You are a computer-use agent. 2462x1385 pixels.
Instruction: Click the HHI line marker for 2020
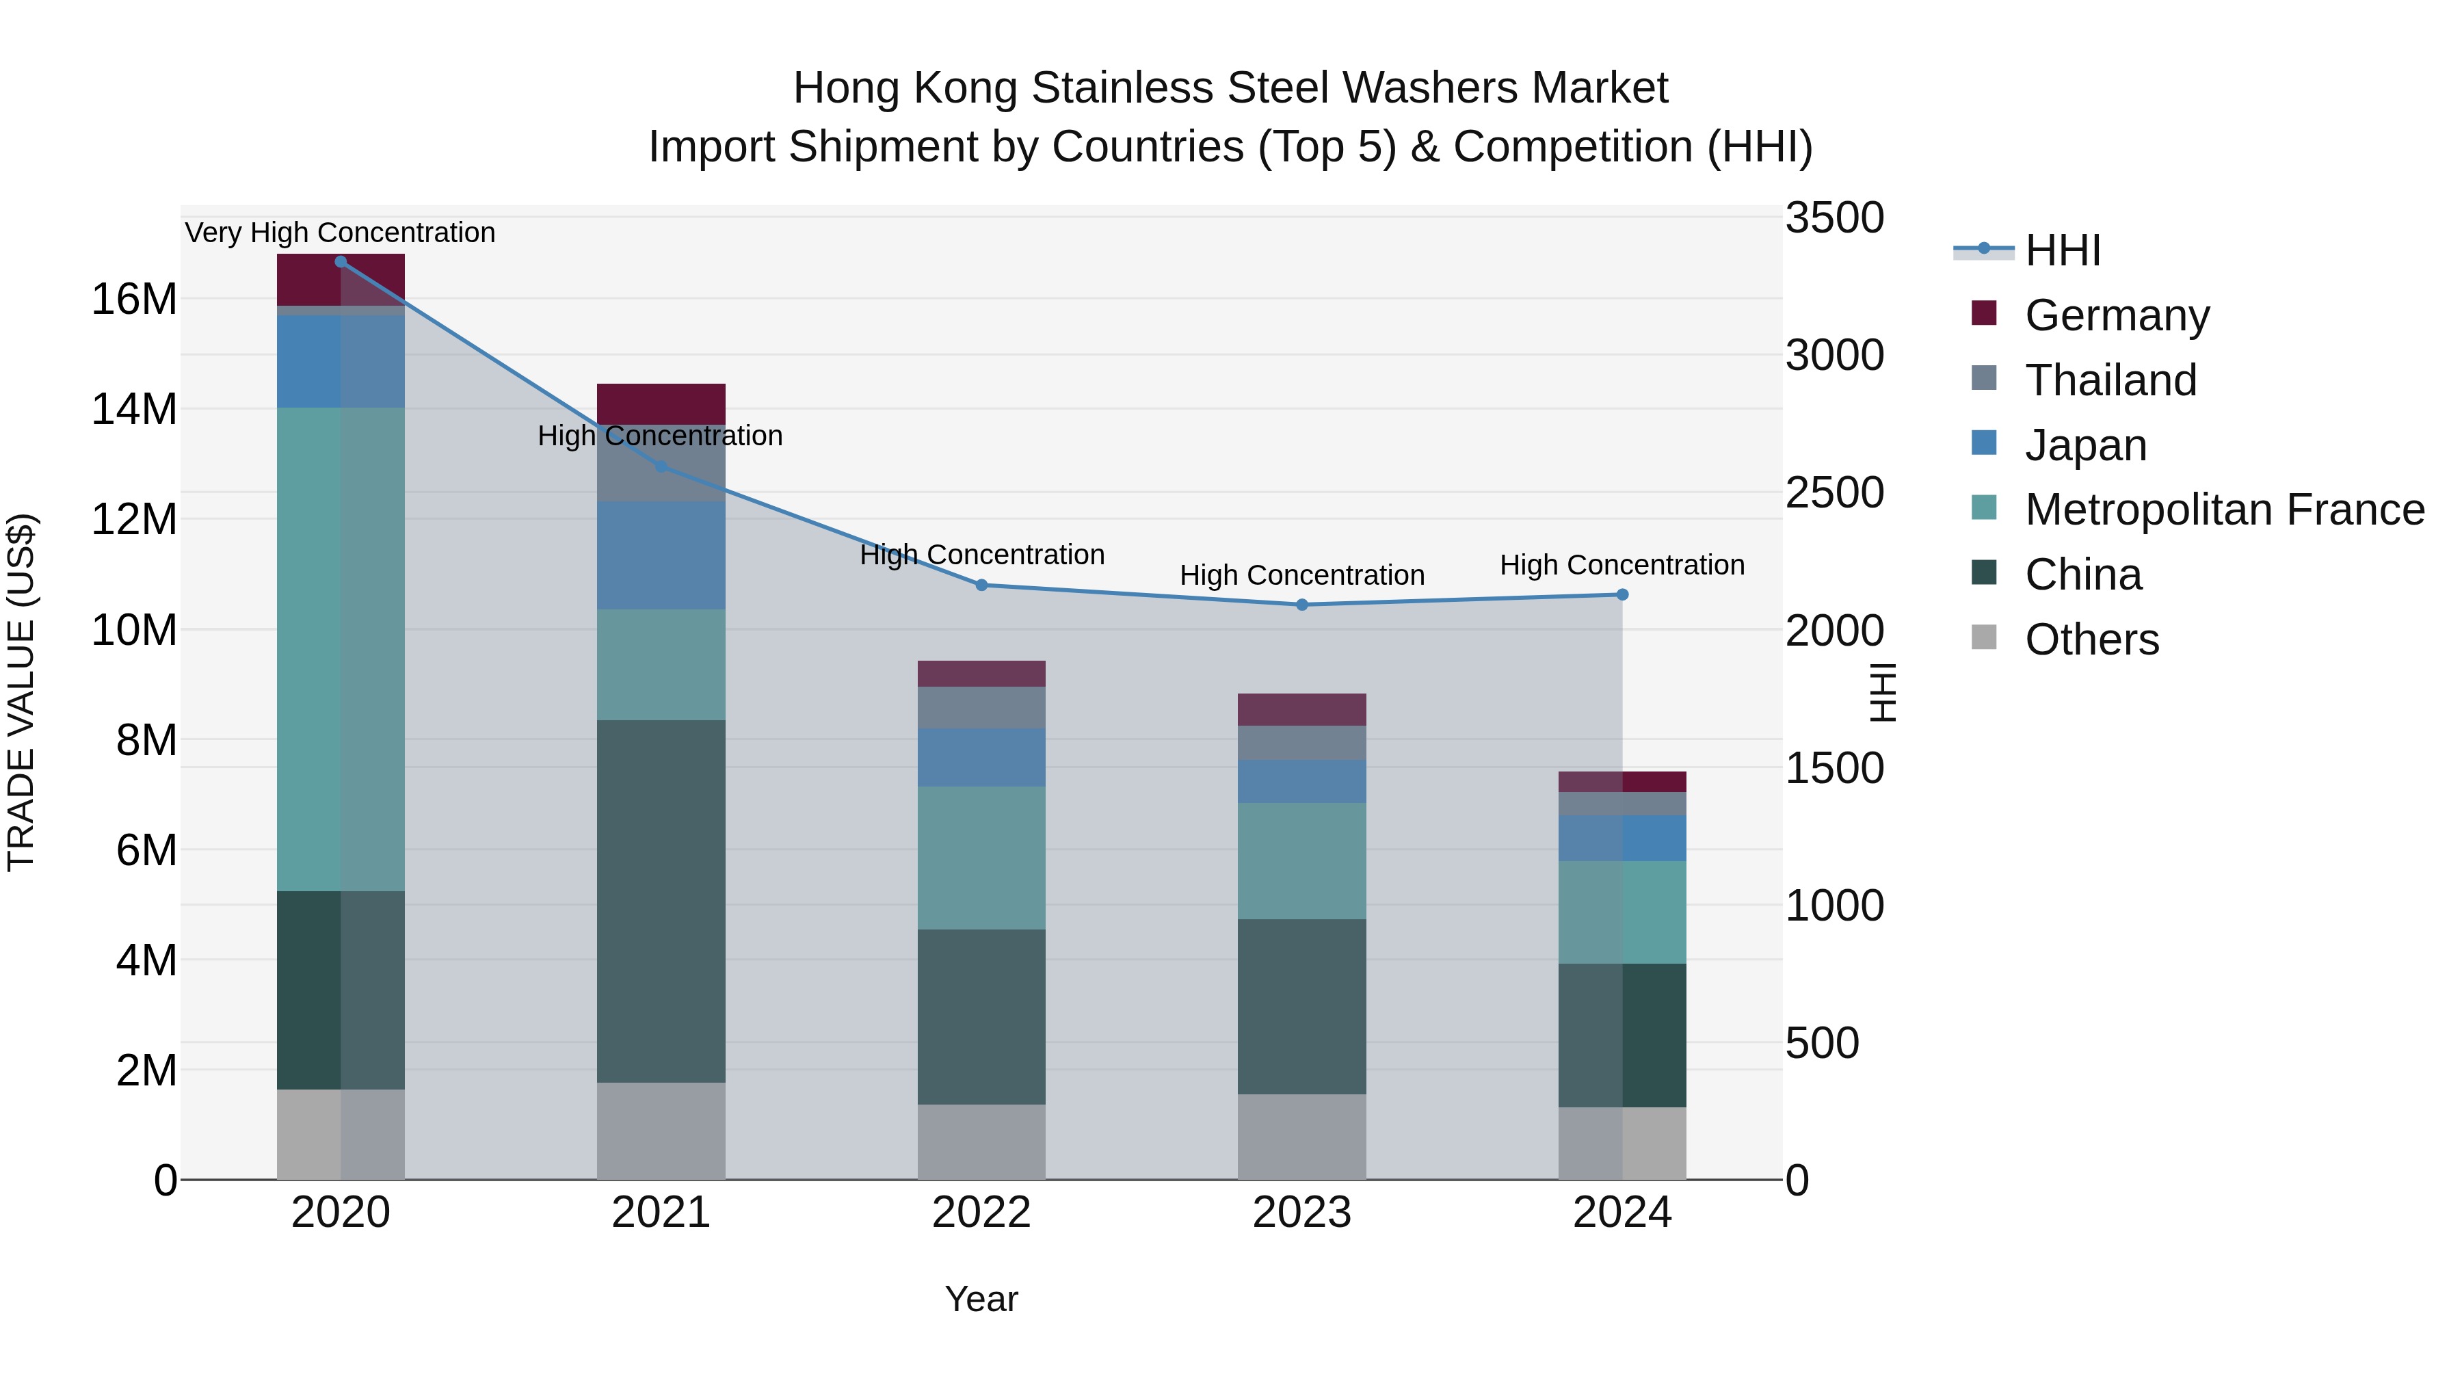[x=341, y=261]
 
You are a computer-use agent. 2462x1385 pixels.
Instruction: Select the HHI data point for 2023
[x=1301, y=604]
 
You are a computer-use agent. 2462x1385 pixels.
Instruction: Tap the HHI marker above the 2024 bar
[x=1622, y=594]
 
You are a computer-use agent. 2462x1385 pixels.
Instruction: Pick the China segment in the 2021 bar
[x=661, y=900]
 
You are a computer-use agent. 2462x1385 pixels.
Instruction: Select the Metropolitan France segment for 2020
[x=341, y=649]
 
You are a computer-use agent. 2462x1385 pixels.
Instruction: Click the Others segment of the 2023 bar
[x=1301, y=1137]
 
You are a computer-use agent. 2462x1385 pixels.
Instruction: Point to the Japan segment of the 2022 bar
[x=981, y=757]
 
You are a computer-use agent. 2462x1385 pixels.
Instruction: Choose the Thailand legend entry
[x=2110, y=380]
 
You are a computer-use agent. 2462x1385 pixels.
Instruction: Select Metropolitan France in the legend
[x=2224, y=510]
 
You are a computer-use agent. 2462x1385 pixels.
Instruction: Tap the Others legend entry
[x=2091, y=639]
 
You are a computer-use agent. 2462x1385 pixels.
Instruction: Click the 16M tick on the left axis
[x=134, y=299]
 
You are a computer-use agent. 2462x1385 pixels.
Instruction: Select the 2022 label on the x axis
[x=981, y=1213]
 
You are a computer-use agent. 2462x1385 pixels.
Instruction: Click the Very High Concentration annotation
[x=341, y=233]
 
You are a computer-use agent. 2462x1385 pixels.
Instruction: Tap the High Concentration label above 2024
[x=1622, y=565]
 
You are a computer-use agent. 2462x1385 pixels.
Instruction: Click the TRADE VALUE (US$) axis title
[x=21, y=692]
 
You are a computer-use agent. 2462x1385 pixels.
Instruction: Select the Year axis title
[x=981, y=1299]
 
